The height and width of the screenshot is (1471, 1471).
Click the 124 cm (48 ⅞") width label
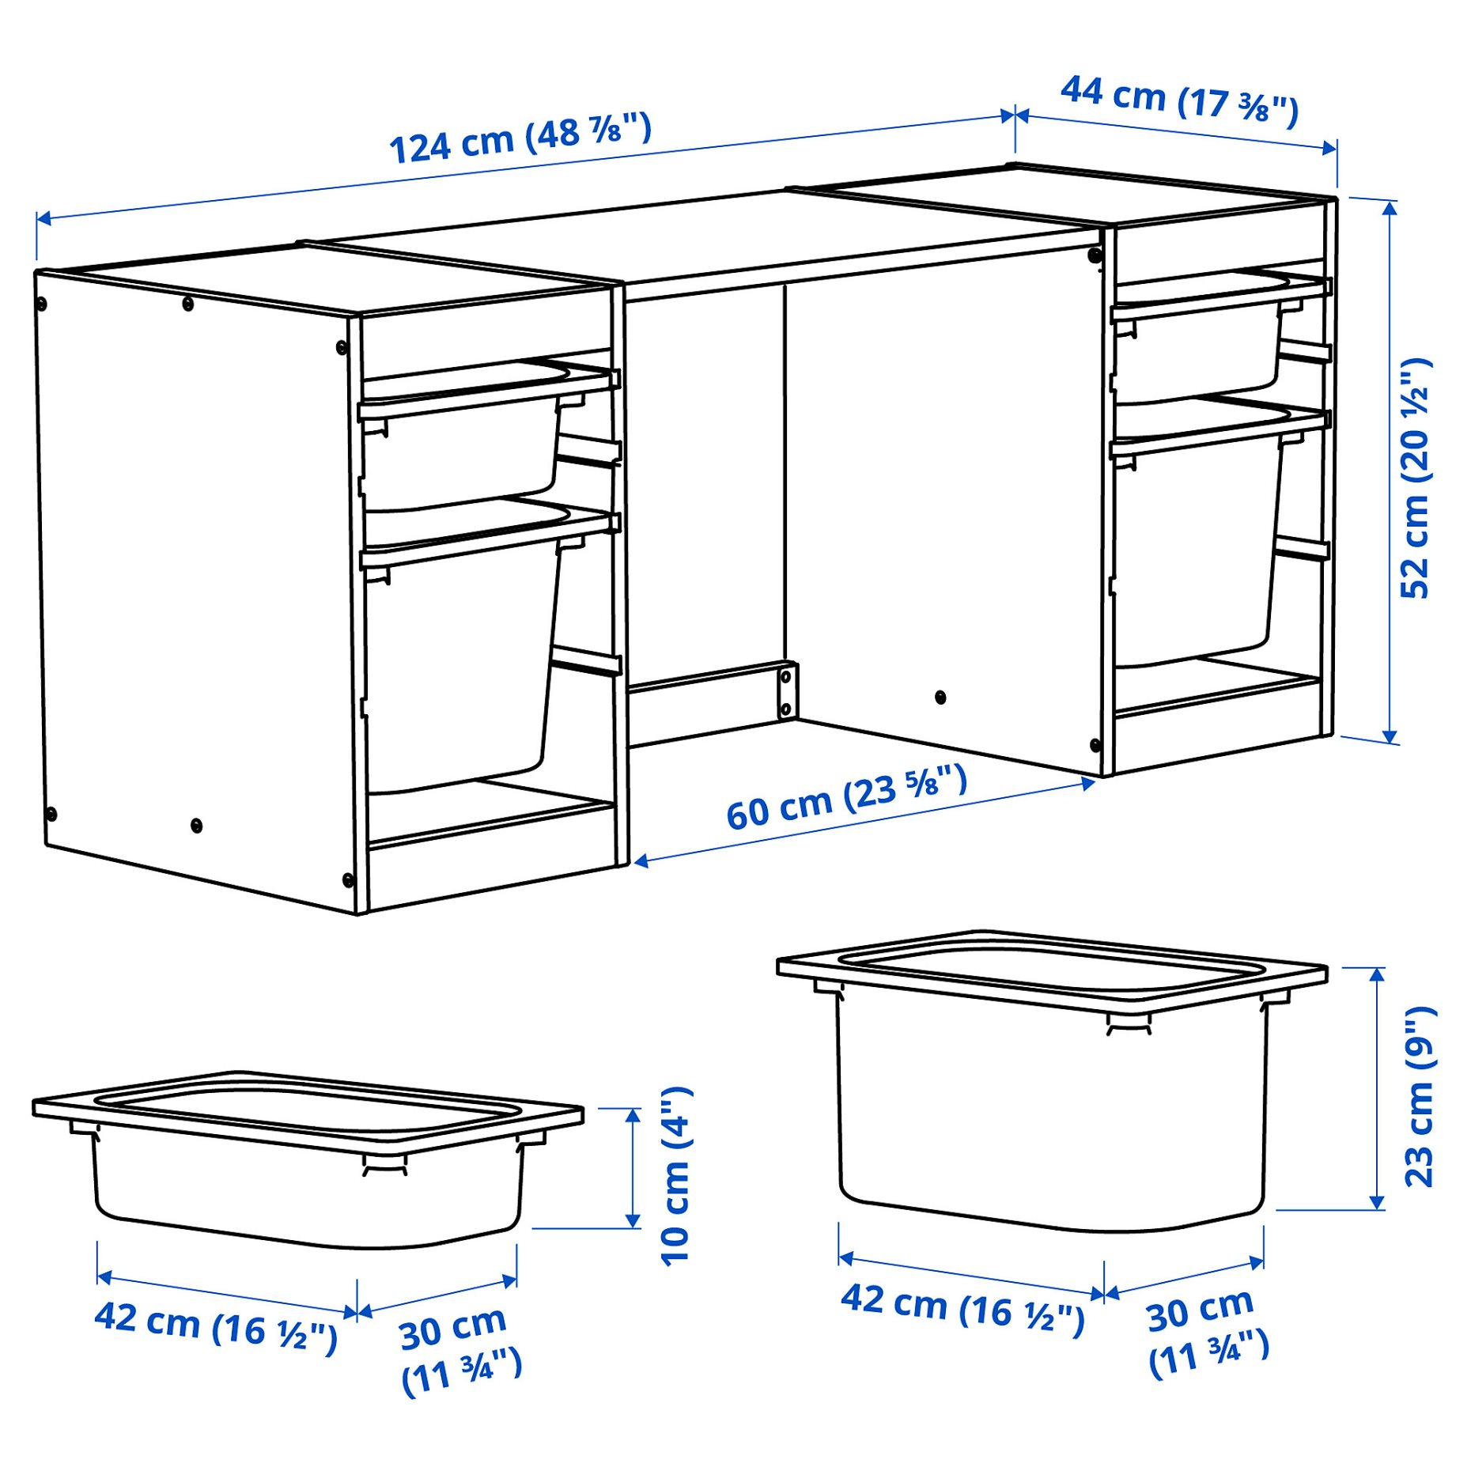point(520,139)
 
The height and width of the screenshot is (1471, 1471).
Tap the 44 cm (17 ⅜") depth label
point(1178,100)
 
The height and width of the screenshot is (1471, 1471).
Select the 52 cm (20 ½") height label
point(1415,478)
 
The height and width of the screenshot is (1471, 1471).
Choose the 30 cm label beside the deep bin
point(1206,1333)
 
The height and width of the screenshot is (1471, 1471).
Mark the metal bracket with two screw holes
point(786,691)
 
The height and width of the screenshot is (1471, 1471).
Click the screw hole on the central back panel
point(940,697)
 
